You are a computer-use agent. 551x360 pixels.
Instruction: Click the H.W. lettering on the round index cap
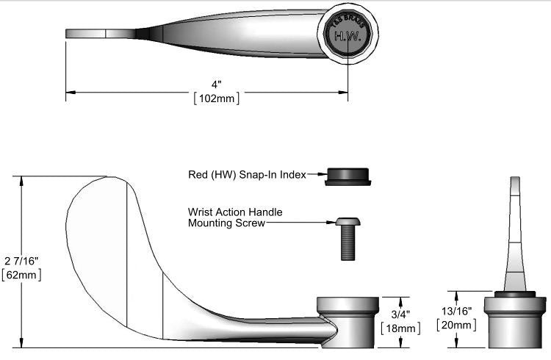347,35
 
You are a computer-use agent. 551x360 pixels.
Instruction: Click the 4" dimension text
215,84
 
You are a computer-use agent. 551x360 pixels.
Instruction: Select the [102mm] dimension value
215,98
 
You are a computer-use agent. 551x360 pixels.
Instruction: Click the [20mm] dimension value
455,325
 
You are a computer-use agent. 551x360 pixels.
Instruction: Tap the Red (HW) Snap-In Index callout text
247,175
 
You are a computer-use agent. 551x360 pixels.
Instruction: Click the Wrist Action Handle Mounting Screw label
234,217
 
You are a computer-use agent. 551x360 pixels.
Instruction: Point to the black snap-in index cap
347,176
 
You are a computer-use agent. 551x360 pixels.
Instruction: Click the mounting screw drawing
347,237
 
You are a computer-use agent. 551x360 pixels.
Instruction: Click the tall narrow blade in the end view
515,235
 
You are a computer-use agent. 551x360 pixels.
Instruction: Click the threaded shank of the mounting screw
348,244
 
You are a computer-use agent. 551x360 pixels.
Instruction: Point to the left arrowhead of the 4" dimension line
70,92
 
